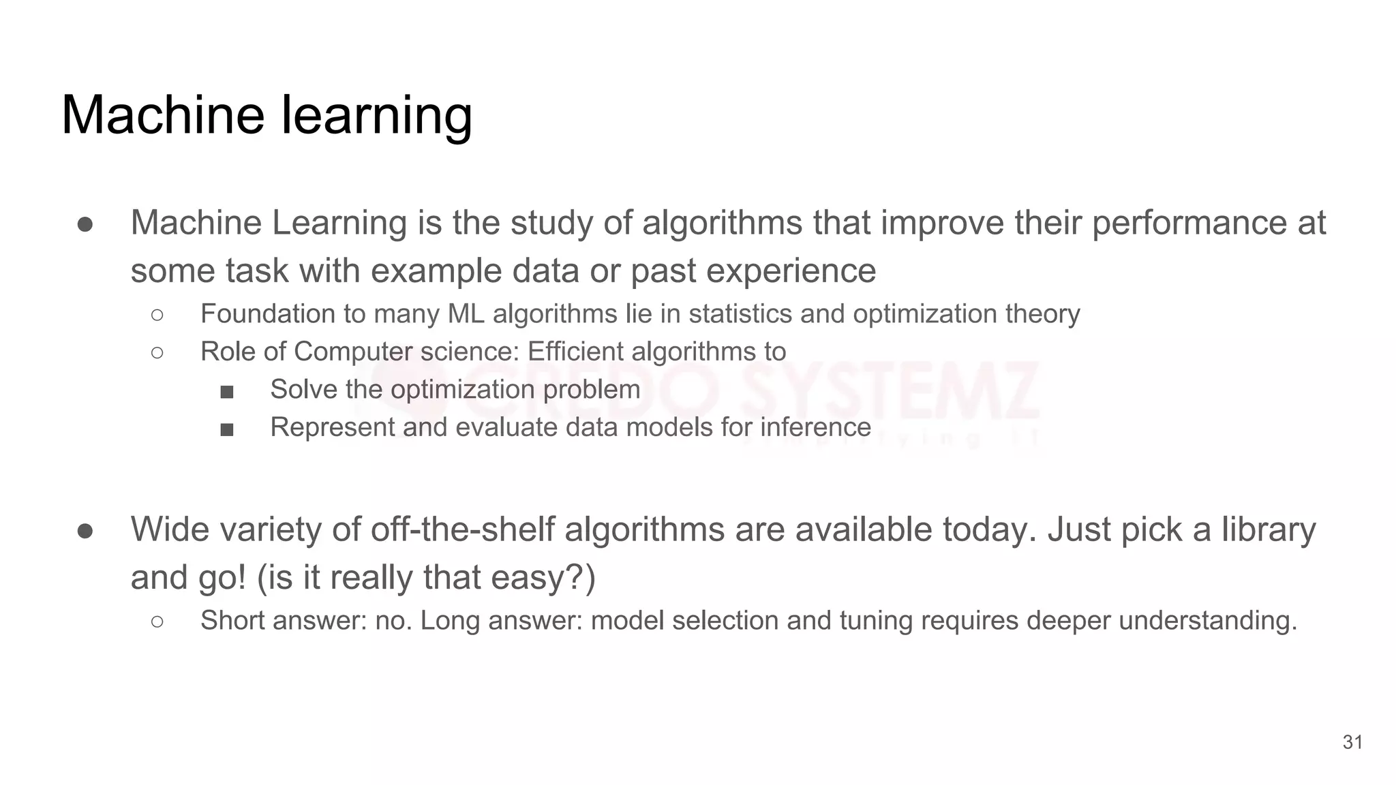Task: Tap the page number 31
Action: tap(1352, 742)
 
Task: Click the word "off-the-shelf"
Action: tap(462, 529)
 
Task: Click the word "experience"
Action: tap(791, 271)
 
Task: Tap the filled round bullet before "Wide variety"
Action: tap(85, 530)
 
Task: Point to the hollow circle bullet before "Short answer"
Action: tap(157, 621)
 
